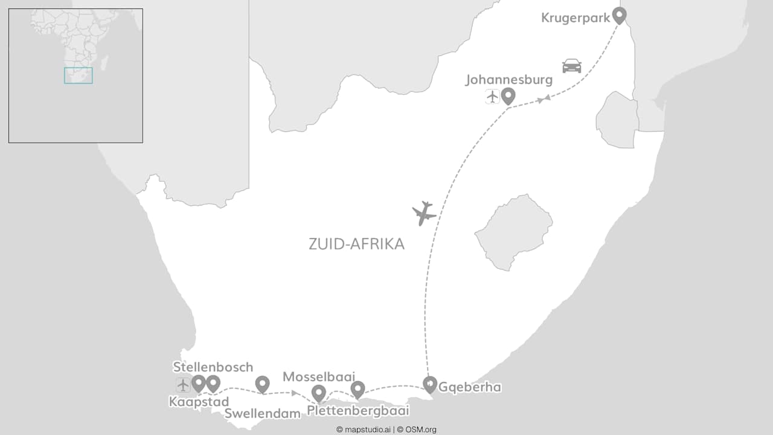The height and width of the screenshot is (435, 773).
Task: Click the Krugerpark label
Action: click(575, 17)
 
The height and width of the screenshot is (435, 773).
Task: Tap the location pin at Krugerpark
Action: click(619, 14)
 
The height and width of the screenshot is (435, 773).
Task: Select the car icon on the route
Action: click(571, 65)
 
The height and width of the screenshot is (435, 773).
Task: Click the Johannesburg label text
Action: click(509, 80)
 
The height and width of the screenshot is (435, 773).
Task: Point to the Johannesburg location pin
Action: click(508, 95)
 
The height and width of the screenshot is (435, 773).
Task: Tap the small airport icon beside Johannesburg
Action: click(492, 96)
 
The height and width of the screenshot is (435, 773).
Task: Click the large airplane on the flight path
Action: click(424, 213)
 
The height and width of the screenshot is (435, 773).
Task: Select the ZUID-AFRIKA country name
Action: click(356, 244)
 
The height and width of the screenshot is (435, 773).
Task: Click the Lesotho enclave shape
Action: click(514, 232)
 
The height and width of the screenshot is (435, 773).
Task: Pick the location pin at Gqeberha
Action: click(429, 384)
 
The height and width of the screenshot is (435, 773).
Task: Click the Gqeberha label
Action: click(470, 387)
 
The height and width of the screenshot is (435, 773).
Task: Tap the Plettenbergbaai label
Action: click(358, 411)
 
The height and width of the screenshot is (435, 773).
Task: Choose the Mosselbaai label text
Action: click(319, 377)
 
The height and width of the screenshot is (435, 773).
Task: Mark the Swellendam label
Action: click(262, 414)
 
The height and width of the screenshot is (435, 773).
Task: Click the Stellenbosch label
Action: click(213, 367)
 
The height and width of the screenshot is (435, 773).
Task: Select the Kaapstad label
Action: click(199, 402)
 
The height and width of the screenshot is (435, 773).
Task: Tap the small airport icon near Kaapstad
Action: click(183, 385)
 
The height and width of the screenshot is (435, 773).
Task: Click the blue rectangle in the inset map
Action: click(79, 76)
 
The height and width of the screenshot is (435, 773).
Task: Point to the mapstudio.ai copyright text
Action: click(364, 430)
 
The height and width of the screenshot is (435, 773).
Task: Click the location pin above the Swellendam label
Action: click(262, 383)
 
